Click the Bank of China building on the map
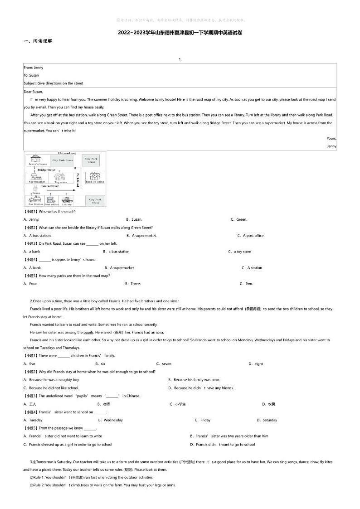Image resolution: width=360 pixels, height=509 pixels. [x=95, y=176]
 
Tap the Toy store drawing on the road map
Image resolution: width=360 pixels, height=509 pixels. [x=60, y=177]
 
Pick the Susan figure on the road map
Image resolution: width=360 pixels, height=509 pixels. [x=35, y=188]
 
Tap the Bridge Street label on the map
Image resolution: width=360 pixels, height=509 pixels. [x=47, y=170]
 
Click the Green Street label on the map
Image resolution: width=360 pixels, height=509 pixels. [x=50, y=186]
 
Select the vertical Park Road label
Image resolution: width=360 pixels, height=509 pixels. [x=78, y=180]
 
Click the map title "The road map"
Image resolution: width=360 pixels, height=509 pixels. [x=67, y=153]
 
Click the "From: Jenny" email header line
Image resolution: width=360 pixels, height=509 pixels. [x=34, y=68]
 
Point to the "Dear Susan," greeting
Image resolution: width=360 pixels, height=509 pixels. [x=33, y=92]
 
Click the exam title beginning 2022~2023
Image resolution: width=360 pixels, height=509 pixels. [x=180, y=33]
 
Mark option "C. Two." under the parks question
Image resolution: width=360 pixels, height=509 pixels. [x=246, y=284]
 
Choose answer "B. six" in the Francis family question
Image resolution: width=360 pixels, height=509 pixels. [x=100, y=364]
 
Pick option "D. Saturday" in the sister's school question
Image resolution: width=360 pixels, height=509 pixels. [x=267, y=420]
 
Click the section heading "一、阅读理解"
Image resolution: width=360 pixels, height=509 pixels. [x=38, y=41]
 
